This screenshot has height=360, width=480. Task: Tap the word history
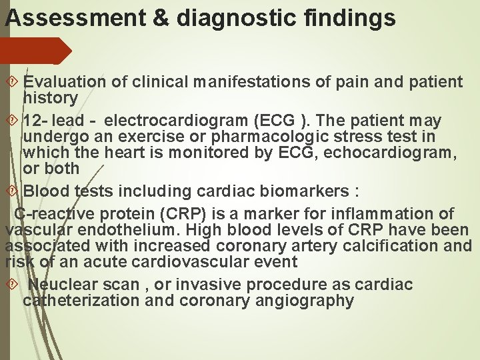coord(50,98)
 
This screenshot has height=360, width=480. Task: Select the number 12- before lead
coord(34,121)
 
